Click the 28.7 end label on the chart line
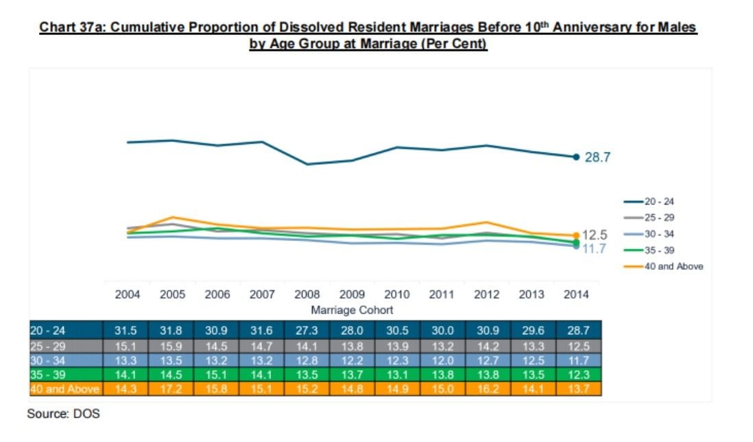point(597,157)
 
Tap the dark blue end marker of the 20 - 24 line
point(576,156)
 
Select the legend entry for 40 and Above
point(663,266)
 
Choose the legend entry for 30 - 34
point(649,234)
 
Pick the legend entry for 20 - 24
point(649,201)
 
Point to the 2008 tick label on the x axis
point(307,294)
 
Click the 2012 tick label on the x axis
point(486,294)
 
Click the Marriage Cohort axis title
point(352,310)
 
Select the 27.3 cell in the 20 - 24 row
point(307,331)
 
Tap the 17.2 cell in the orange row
point(171,388)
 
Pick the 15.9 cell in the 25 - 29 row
point(171,347)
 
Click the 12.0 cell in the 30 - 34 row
point(442,360)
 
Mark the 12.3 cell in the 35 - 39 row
point(578,374)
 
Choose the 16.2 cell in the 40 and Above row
point(488,388)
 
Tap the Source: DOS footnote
point(63,414)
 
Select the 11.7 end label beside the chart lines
point(594,248)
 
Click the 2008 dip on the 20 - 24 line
point(307,164)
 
